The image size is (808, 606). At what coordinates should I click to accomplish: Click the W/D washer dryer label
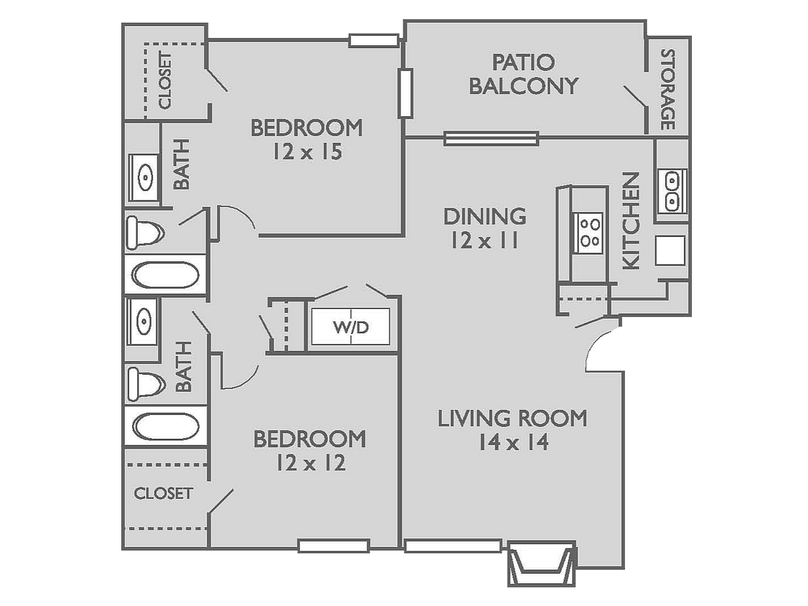(351, 328)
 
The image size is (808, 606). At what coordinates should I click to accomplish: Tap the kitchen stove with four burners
(590, 233)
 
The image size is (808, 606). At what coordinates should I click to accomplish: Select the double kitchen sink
(672, 191)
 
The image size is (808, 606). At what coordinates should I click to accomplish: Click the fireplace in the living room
(542, 563)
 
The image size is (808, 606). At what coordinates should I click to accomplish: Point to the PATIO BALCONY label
(522, 74)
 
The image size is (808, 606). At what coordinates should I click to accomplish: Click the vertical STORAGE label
(668, 89)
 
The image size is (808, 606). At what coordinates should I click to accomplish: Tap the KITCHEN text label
(630, 220)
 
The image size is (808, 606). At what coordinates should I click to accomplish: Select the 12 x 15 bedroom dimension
(306, 152)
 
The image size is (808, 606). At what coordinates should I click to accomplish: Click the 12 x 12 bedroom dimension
(310, 463)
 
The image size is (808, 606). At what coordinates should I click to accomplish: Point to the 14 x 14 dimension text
(513, 442)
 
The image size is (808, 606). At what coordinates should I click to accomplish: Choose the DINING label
(484, 216)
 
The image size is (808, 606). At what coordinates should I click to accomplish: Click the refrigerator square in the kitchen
(670, 251)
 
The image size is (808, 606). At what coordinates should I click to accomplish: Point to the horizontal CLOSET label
(164, 493)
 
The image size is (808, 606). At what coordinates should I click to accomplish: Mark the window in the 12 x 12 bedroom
(334, 546)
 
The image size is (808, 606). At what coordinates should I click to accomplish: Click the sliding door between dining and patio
(491, 138)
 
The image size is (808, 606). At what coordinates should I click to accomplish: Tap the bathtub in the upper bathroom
(166, 275)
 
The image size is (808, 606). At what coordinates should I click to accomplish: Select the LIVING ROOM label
(512, 418)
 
